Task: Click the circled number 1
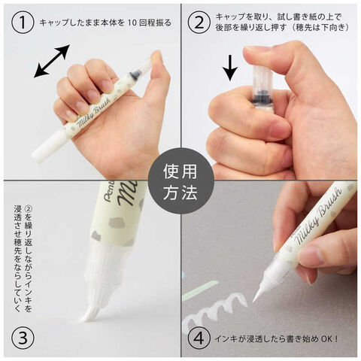(x=23, y=23)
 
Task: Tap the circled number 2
(x=199, y=23)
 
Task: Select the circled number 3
(x=23, y=338)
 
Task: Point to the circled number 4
(x=199, y=338)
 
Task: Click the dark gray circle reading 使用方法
(x=180, y=181)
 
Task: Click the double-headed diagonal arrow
(x=52, y=61)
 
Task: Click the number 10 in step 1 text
(x=133, y=23)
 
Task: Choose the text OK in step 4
(x=326, y=339)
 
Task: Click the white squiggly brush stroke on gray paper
(x=216, y=310)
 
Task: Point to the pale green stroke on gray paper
(x=200, y=290)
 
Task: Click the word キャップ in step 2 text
(x=230, y=17)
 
